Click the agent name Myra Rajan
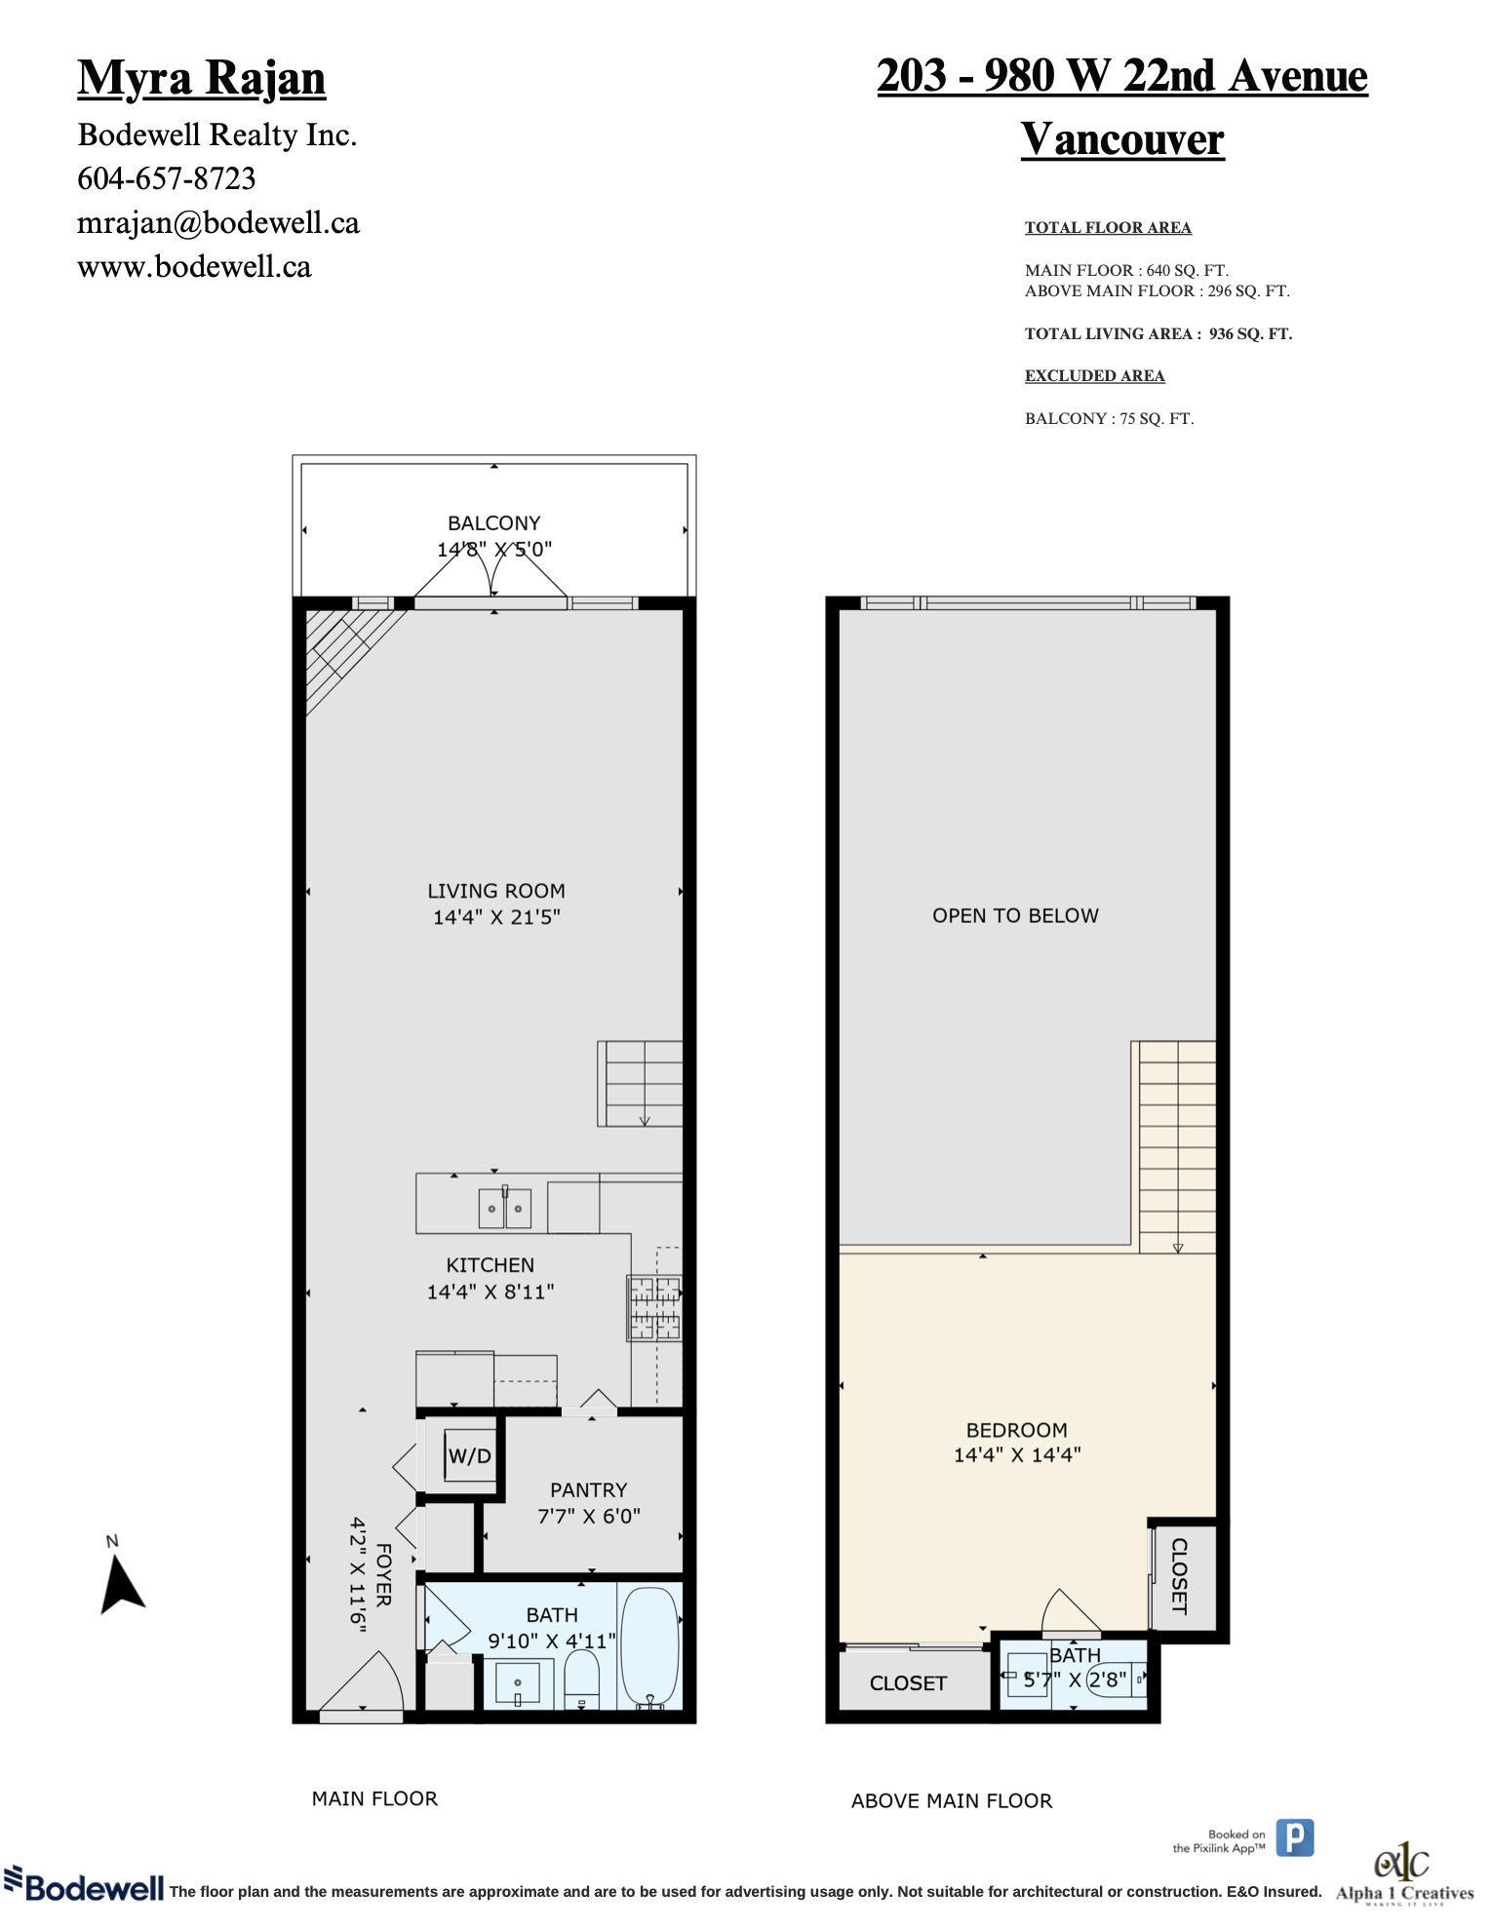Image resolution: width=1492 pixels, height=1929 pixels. (x=201, y=78)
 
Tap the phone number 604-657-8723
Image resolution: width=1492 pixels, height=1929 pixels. (x=167, y=178)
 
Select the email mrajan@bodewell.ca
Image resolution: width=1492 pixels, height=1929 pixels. (x=218, y=223)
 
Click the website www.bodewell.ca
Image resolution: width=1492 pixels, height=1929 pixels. (x=194, y=267)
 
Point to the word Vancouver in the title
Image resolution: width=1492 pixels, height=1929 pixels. (x=1122, y=138)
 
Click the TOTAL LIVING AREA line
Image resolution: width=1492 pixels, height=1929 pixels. (x=1158, y=333)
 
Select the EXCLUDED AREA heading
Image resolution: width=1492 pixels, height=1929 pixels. (x=1094, y=375)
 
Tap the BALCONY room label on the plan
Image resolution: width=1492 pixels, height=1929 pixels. (x=493, y=523)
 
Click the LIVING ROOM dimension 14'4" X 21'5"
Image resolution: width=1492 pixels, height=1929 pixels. (x=496, y=916)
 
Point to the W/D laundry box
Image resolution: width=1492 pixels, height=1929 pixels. (x=470, y=1456)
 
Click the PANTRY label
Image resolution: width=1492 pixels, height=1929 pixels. (x=588, y=1490)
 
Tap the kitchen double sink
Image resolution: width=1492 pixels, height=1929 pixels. (x=504, y=1209)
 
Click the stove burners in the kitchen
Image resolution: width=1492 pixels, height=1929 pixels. (x=654, y=1307)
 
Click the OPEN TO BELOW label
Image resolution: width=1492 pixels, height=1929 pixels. (x=1015, y=916)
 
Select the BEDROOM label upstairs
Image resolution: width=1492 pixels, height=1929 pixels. (x=1016, y=1430)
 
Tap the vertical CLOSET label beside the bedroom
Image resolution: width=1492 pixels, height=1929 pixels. (x=1179, y=1576)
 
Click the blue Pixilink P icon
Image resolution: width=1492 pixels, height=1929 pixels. (x=1295, y=1838)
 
